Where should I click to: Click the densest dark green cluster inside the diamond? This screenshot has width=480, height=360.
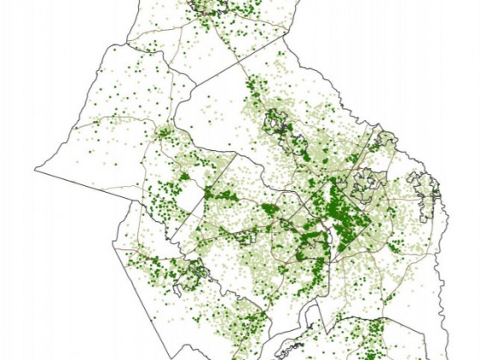pos(343,210)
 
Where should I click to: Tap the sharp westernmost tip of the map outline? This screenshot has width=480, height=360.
pos(36,166)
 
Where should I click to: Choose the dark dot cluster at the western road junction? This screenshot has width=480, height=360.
pos(163,133)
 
